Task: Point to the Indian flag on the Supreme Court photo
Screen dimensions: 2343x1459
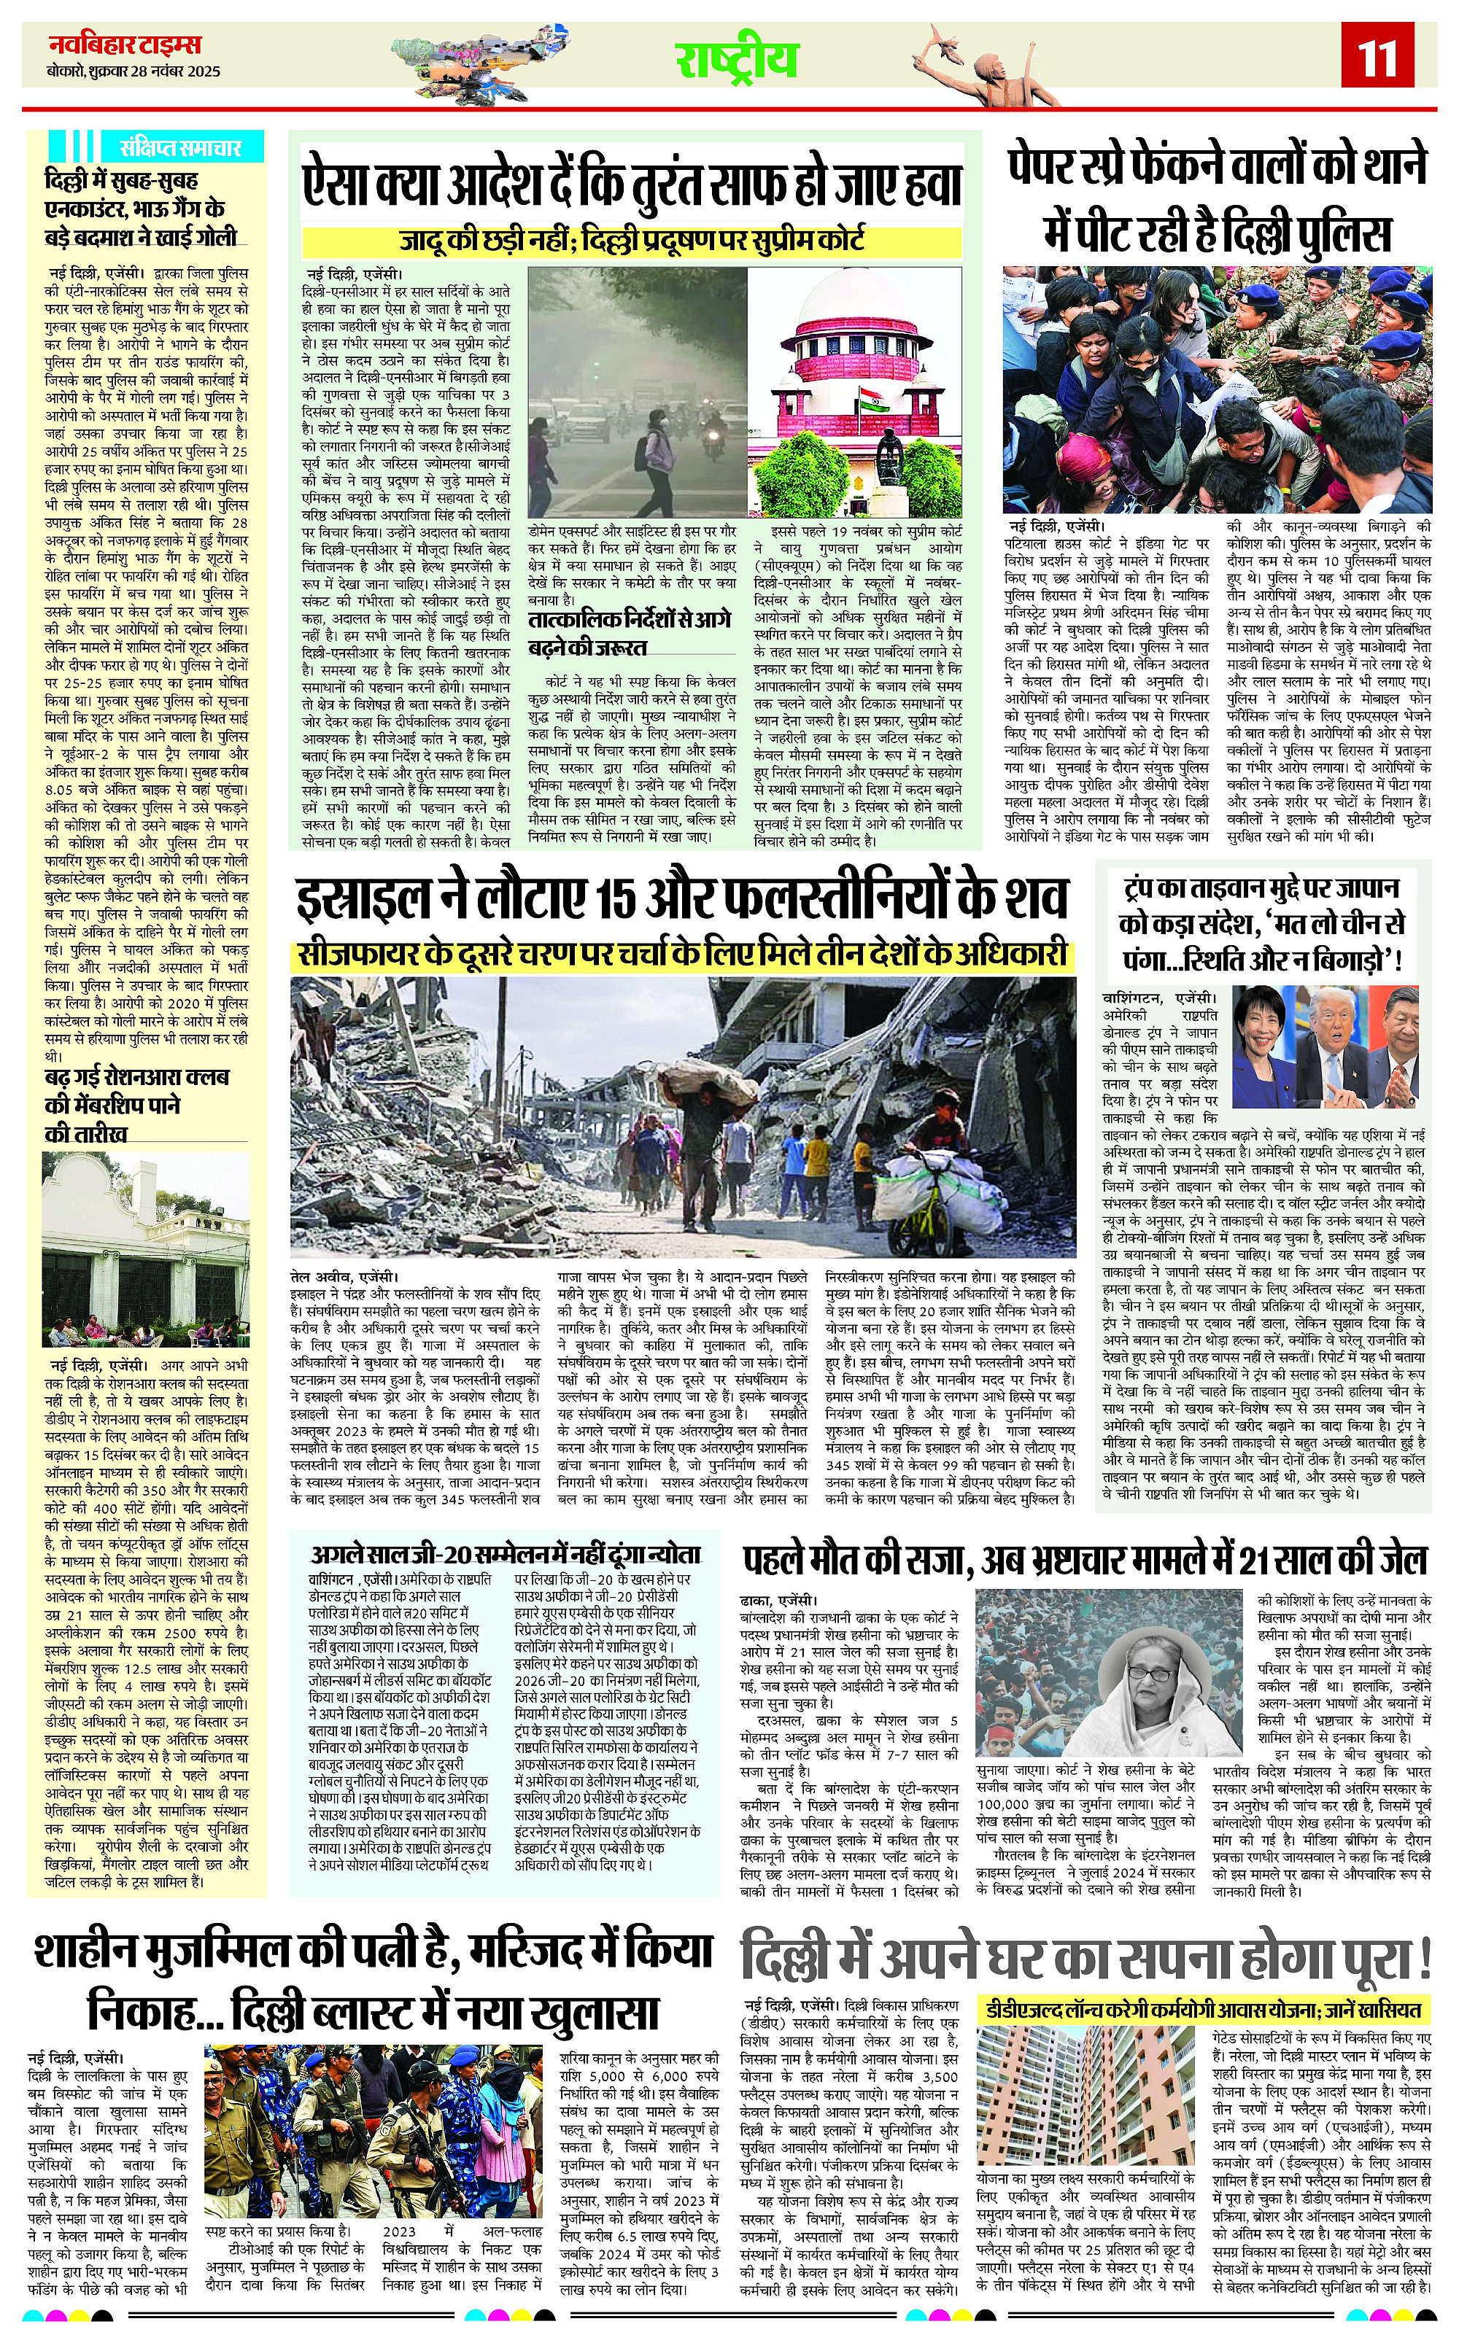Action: click(864, 398)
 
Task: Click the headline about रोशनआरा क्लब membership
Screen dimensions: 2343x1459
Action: click(137, 1105)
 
